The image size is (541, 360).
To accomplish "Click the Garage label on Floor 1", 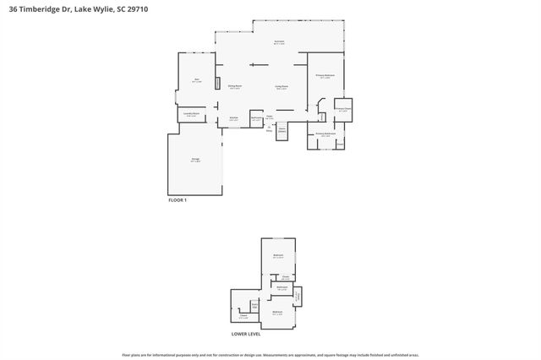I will pos(195,161).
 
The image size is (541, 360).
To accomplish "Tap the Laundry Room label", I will pos(192,113).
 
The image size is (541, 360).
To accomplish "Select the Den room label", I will pos(196,80).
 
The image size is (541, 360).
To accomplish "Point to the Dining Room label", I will pos(235,86).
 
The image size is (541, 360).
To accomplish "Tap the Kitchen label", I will pos(233,118).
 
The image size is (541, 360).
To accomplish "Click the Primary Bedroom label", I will pos(326,76).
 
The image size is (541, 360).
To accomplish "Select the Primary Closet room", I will pos(343,109).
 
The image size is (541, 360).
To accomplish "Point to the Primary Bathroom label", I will pos(326,134).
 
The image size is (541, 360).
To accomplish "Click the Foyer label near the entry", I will pos(269,117).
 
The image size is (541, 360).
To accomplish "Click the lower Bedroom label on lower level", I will pos(278,313).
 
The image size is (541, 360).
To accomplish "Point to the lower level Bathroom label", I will pos(281,287).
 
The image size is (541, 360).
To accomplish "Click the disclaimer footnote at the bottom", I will pos(270,355).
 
